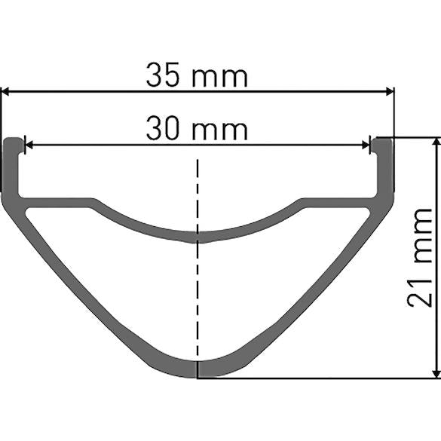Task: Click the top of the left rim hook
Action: click(x=11, y=141)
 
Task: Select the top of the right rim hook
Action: click(x=383, y=141)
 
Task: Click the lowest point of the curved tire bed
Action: click(x=198, y=237)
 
